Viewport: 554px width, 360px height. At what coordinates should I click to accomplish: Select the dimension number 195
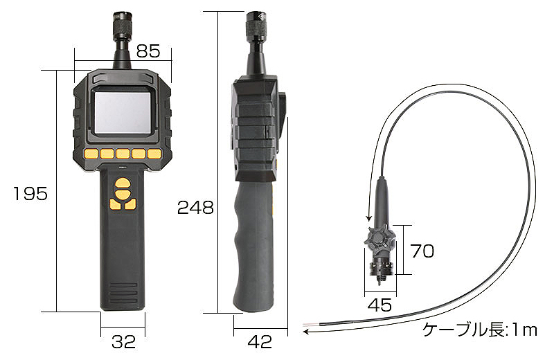click(30, 194)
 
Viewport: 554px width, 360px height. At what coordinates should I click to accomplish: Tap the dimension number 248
click(195, 208)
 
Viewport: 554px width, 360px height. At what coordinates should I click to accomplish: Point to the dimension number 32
click(123, 341)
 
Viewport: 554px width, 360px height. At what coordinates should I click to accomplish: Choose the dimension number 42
click(260, 341)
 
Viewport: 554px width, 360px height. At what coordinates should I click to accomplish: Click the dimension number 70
click(422, 251)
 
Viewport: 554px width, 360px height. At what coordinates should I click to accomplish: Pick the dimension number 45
click(379, 305)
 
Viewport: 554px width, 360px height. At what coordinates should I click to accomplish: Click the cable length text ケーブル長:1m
click(480, 330)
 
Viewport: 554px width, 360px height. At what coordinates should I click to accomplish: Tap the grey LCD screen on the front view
click(123, 112)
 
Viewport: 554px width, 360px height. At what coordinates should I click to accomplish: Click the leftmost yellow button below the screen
click(91, 154)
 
